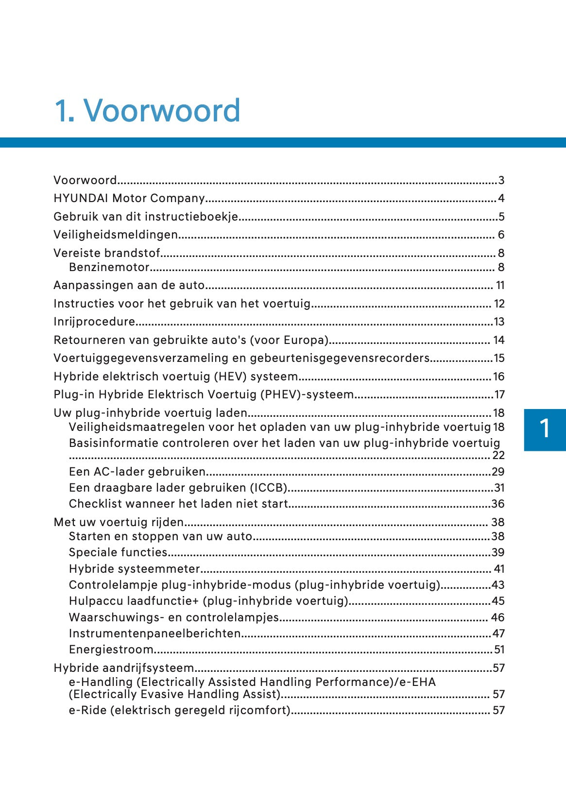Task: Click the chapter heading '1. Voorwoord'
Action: click(147, 110)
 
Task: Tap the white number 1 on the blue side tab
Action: click(545, 429)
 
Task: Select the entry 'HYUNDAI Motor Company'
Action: click(129, 198)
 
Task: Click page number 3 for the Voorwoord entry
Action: click(501, 180)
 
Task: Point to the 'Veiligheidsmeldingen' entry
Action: click(116, 235)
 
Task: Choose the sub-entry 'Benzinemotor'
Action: click(109, 267)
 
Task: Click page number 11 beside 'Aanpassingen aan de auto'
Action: click(500, 285)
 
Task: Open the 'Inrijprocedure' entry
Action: click(94, 322)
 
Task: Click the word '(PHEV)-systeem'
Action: click(307, 394)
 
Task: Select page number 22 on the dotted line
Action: click(498, 455)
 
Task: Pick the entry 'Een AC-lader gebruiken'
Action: click(137, 472)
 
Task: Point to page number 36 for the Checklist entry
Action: click(498, 504)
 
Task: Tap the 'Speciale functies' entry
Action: click(118, 552)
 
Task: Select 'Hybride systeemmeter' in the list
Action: click(135, 569)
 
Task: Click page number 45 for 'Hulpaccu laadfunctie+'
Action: click(498, 601)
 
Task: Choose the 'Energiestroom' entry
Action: click(111, 649)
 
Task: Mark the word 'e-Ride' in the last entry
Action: click(87, 710)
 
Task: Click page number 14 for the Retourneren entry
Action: click(498, 340)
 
